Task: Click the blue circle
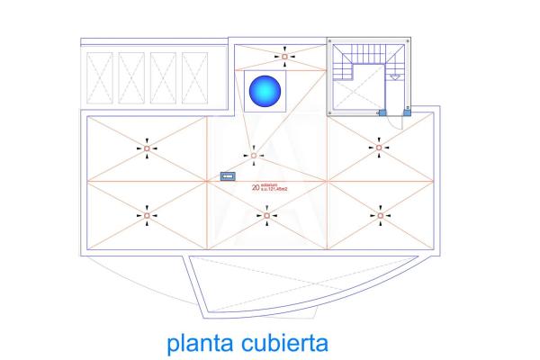tap(265, 90)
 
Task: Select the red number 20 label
tap(256, 189)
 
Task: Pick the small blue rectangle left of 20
tap(228, 177)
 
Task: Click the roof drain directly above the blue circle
tap(284, 57)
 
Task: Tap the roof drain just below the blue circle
tap(253, 157)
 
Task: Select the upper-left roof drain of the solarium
tap(148, 148)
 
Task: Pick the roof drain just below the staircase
tap(379, 147)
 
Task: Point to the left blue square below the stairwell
tap(382, 112)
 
